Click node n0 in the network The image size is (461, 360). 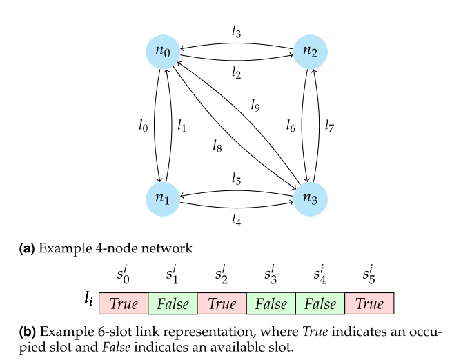(x=164, y=50)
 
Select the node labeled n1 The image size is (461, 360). (x=164, y=198)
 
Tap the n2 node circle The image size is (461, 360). (x=311, y=50)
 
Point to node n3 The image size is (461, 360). (x=311, y=198)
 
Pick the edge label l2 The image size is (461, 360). (x=237, y=73)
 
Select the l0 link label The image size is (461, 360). (x=143, y=126)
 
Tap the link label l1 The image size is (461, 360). (x=182, y=126)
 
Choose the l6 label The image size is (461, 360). (x=291, y=126)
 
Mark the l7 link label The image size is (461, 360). (x=330, y=126)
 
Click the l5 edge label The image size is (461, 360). (x=237, y=179)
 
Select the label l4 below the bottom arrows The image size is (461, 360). (x=237, y=221)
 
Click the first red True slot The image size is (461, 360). (x=124, y=303)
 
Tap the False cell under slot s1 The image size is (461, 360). (x=173, y=303)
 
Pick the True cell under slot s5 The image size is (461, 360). (x=369, y=303)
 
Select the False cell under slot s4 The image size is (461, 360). (x=320, y=303)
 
